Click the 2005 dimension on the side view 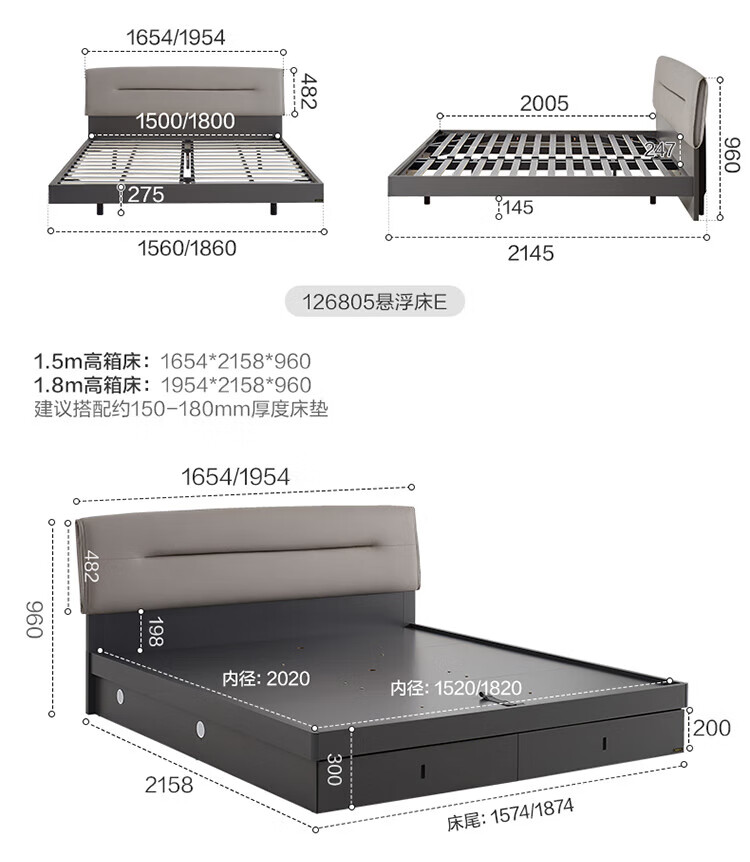click(544, 103)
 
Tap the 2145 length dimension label click(531, 253)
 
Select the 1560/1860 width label click(187, 248)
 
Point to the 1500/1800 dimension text click(185, 120)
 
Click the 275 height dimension click(146, 195)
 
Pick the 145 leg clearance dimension click(518, 207)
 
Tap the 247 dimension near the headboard click(659, 149)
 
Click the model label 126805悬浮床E click(374, 302)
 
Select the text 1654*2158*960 click(235, 361)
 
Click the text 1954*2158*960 click(236, 385)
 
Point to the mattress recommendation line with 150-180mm click(181, 409)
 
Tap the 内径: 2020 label click(266, 678)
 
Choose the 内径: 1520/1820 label click(456, 688)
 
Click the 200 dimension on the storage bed click(712, 728)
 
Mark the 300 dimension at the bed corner click(334, 769)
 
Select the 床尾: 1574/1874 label click(510, 815)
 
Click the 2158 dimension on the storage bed click(169, 785)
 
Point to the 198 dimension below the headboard click(155, 631)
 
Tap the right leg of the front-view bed click(273, 209)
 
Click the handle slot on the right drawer click(604, 743)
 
